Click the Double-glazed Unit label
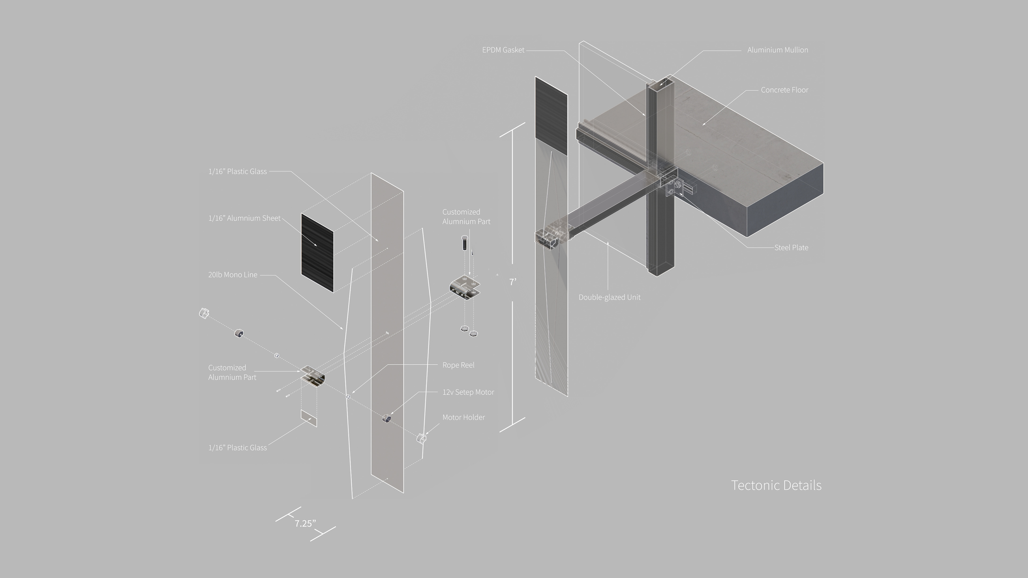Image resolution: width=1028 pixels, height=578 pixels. coord(609,297)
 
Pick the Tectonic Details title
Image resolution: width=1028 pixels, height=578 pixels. coord(776,485)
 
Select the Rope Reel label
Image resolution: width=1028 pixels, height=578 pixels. coord(458,365)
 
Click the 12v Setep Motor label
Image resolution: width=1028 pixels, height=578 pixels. coord(468,392)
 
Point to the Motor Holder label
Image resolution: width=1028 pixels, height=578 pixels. coord(463,417)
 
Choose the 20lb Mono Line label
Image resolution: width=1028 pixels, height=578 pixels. coord(233,275)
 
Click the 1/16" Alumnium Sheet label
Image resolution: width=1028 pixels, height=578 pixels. coord(244,218)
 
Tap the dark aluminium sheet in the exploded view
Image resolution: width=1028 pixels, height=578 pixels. coord(317,253)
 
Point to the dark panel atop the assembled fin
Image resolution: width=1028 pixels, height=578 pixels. coord(551,116)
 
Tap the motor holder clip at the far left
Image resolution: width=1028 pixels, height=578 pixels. coord(204,313)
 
